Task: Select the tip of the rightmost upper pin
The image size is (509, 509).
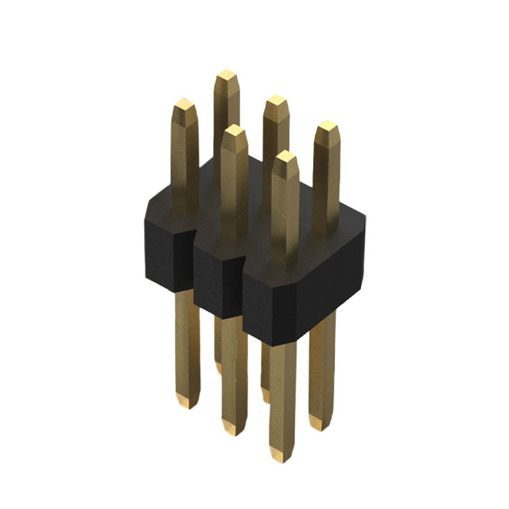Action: click(326, 128)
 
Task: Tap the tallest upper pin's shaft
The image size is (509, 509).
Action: click(227, 119)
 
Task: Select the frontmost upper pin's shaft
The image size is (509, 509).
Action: click(284, 215)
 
